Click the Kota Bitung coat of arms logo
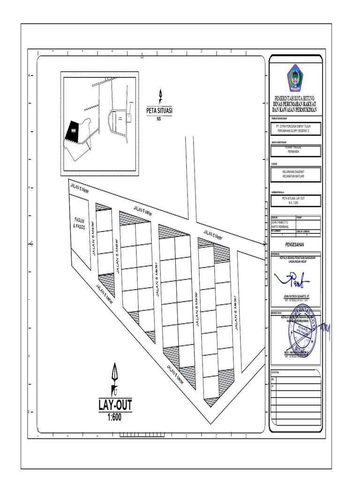(x=295, y=77)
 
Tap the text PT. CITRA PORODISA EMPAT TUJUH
(x=295, y=126)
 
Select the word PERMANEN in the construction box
(x=295, y=152)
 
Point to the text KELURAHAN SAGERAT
(x=295, y=172)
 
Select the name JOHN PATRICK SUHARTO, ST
(x=295, y=297)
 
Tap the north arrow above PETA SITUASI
(x=160, y=96)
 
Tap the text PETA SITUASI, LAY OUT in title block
(x=295, y=198)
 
